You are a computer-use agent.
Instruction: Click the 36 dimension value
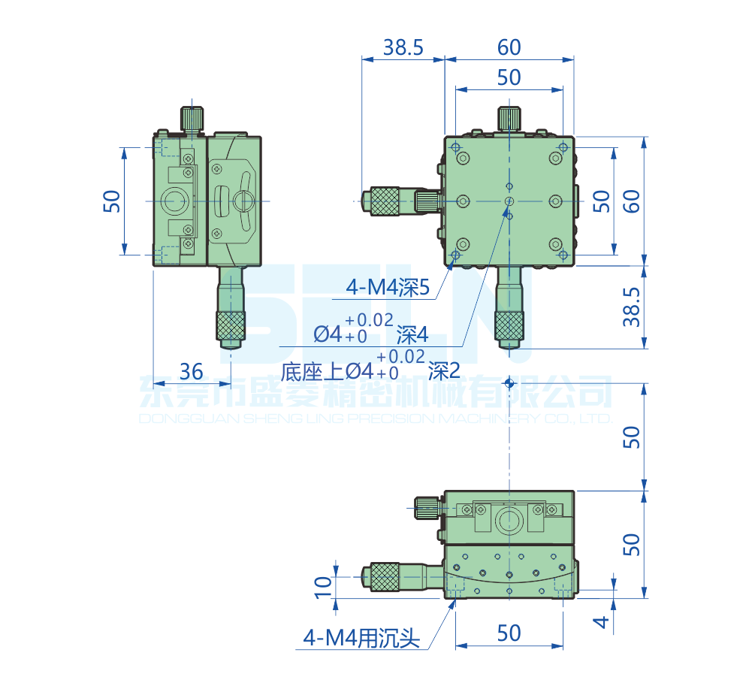click(192, 371)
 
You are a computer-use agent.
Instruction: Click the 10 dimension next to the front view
click(322, 586)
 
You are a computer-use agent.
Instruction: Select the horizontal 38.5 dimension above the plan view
click(403, 47)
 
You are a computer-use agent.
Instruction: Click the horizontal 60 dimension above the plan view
click(509, 47)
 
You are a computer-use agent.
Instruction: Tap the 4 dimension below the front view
click(599, 622)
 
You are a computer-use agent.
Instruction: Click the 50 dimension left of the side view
click(111, 201)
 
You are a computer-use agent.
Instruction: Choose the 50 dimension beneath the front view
click(509, 633)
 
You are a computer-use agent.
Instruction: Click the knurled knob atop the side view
click(192, 119)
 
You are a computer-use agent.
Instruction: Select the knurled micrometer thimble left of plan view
click(382, 201)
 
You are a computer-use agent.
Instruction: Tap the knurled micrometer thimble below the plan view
click(509, 325)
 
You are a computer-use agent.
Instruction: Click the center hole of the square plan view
click(509, 201)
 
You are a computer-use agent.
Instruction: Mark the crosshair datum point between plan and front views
click(509, 383)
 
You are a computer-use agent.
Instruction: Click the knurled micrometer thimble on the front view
click(382, 576)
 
